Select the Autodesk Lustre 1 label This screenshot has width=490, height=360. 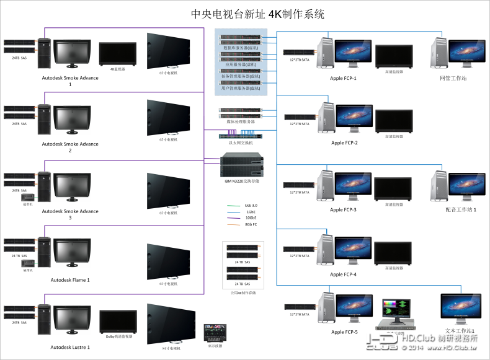point(70,347)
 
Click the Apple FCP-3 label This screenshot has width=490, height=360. point(343,210)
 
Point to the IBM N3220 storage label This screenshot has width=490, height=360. point(241,181)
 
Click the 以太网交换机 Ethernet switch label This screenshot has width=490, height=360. point(241,143)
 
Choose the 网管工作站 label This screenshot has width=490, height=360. point(453,79)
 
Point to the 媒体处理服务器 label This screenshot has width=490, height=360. point(241,121)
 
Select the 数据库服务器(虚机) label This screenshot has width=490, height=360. point(241,47)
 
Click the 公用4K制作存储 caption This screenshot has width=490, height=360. point(243,292)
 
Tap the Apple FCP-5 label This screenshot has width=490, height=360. point(343,332)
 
